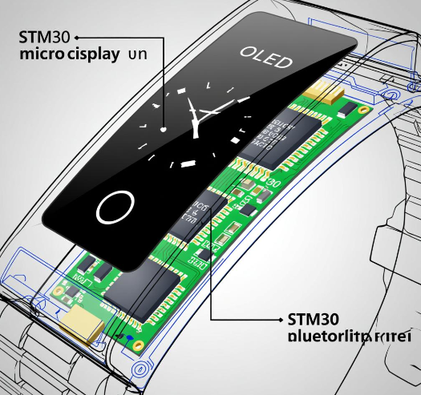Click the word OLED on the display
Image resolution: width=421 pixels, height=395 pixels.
(266, 58)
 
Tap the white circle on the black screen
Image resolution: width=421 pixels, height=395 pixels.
(112, 208)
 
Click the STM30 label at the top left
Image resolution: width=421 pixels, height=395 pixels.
(43, 36)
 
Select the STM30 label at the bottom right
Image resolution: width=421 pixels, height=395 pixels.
(313, 317)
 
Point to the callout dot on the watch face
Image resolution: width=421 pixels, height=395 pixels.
(164, 128)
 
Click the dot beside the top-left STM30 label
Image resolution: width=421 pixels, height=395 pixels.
(76, 36)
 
